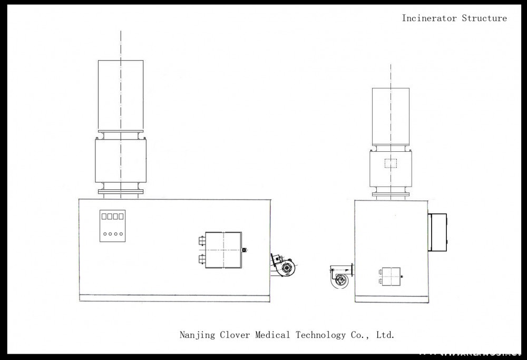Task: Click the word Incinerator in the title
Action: (430, 18)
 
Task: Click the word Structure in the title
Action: (484, 18)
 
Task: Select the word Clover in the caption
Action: (235, 335)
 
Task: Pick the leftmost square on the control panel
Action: (104, 216)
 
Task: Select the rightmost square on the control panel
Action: (121, 216)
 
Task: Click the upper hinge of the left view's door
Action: (202, 241)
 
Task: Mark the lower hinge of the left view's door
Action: (202, 258)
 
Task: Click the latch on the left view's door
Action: (244, 250)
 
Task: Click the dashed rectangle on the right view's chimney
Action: (391, 163)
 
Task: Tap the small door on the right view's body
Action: (391, 276)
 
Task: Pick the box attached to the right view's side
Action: (438, 232)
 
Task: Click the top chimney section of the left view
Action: (121, 95)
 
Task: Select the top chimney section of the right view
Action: (391, 116)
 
